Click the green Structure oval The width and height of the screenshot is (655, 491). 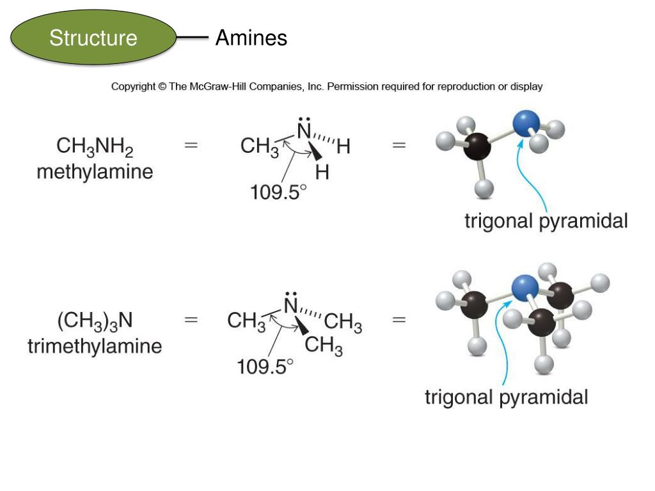tap(93, 38)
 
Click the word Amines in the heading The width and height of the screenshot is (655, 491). tap(251, 38)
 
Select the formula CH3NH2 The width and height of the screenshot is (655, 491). tap(95, 147)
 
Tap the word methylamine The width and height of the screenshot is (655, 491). tap(95, 172)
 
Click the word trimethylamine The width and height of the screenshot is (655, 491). tap(95, 347)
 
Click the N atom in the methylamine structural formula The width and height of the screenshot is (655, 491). tap(304, 132)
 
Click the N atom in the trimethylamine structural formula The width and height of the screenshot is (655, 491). tap(291, 306)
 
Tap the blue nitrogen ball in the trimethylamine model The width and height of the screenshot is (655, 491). tap(525, 285)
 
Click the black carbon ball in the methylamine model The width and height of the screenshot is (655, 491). tap(476, 146)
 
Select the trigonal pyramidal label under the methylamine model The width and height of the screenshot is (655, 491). tap(546, 221)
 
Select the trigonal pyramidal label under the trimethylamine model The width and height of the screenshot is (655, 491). tap(506, 397)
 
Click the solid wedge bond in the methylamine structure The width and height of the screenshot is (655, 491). tap(313, 153)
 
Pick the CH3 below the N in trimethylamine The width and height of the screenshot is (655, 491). tap(324, 347)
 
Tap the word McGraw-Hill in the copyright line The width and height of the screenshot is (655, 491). tap(217, 86)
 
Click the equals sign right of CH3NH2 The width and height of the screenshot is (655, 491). tap(191, 145)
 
